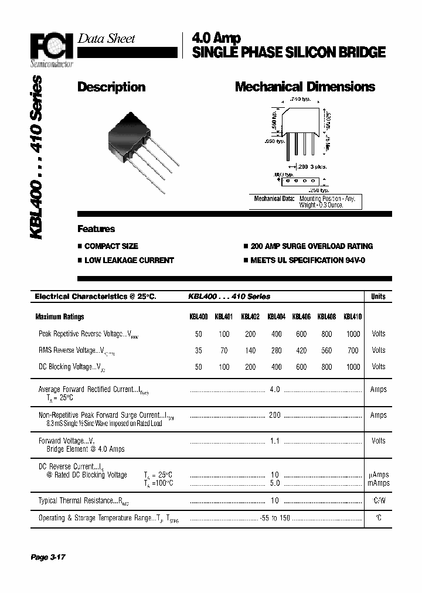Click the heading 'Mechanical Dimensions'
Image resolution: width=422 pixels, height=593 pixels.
click(x=305, y=87)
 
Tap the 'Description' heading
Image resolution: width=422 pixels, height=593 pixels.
click(x=111, y=87)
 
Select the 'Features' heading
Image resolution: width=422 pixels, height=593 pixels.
click(x=96, y=229)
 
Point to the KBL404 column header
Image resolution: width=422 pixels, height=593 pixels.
click(x=276, y=317)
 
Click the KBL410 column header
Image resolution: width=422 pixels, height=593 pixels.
click(x=353, y=317)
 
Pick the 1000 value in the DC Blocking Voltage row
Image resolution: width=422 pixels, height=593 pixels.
click(x=353, y=367)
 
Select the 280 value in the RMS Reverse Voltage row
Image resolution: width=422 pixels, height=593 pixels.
click(x=276, y=350)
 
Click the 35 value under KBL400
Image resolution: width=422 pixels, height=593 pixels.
click(x=198, y=350)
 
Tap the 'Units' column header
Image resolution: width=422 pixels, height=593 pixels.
click(x=379, y=296)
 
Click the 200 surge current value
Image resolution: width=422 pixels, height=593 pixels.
click(x=275, y=415)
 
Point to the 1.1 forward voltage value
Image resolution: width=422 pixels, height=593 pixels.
click(x=275, y=441)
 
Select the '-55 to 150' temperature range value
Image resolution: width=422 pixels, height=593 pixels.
click(x=275, y=518)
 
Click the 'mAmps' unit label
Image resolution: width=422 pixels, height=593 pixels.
click(x=379, y=483)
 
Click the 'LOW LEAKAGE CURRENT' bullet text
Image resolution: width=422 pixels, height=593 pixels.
click(x=129, y=260)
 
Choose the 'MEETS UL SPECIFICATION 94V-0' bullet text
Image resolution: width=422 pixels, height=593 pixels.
click(x=308, y=260)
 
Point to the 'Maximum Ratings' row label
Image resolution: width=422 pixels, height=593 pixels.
click(x=60, y=317)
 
